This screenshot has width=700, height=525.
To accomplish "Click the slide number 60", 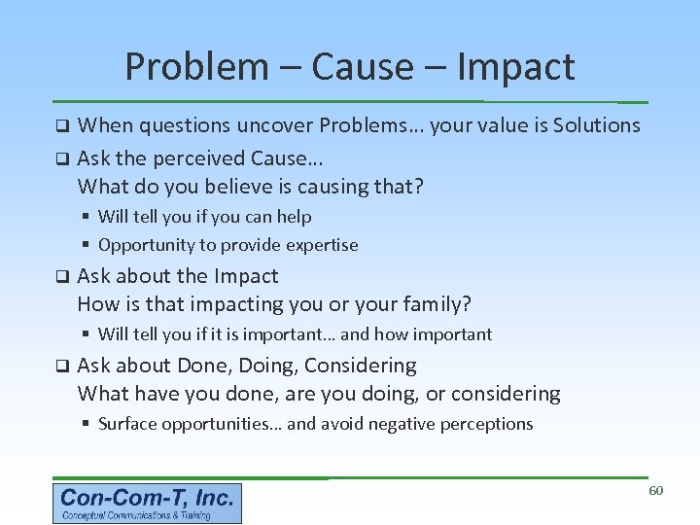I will pyautogui.click(x=655, y=490).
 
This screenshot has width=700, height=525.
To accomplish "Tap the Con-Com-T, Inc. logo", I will pyautogui.click(x=147, y=504).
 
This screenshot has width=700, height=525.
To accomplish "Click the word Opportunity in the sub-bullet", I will pyautogui.click(x=147, y=245).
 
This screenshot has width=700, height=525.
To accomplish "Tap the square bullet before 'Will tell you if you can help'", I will pyautogui.click(x=87, y=217).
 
